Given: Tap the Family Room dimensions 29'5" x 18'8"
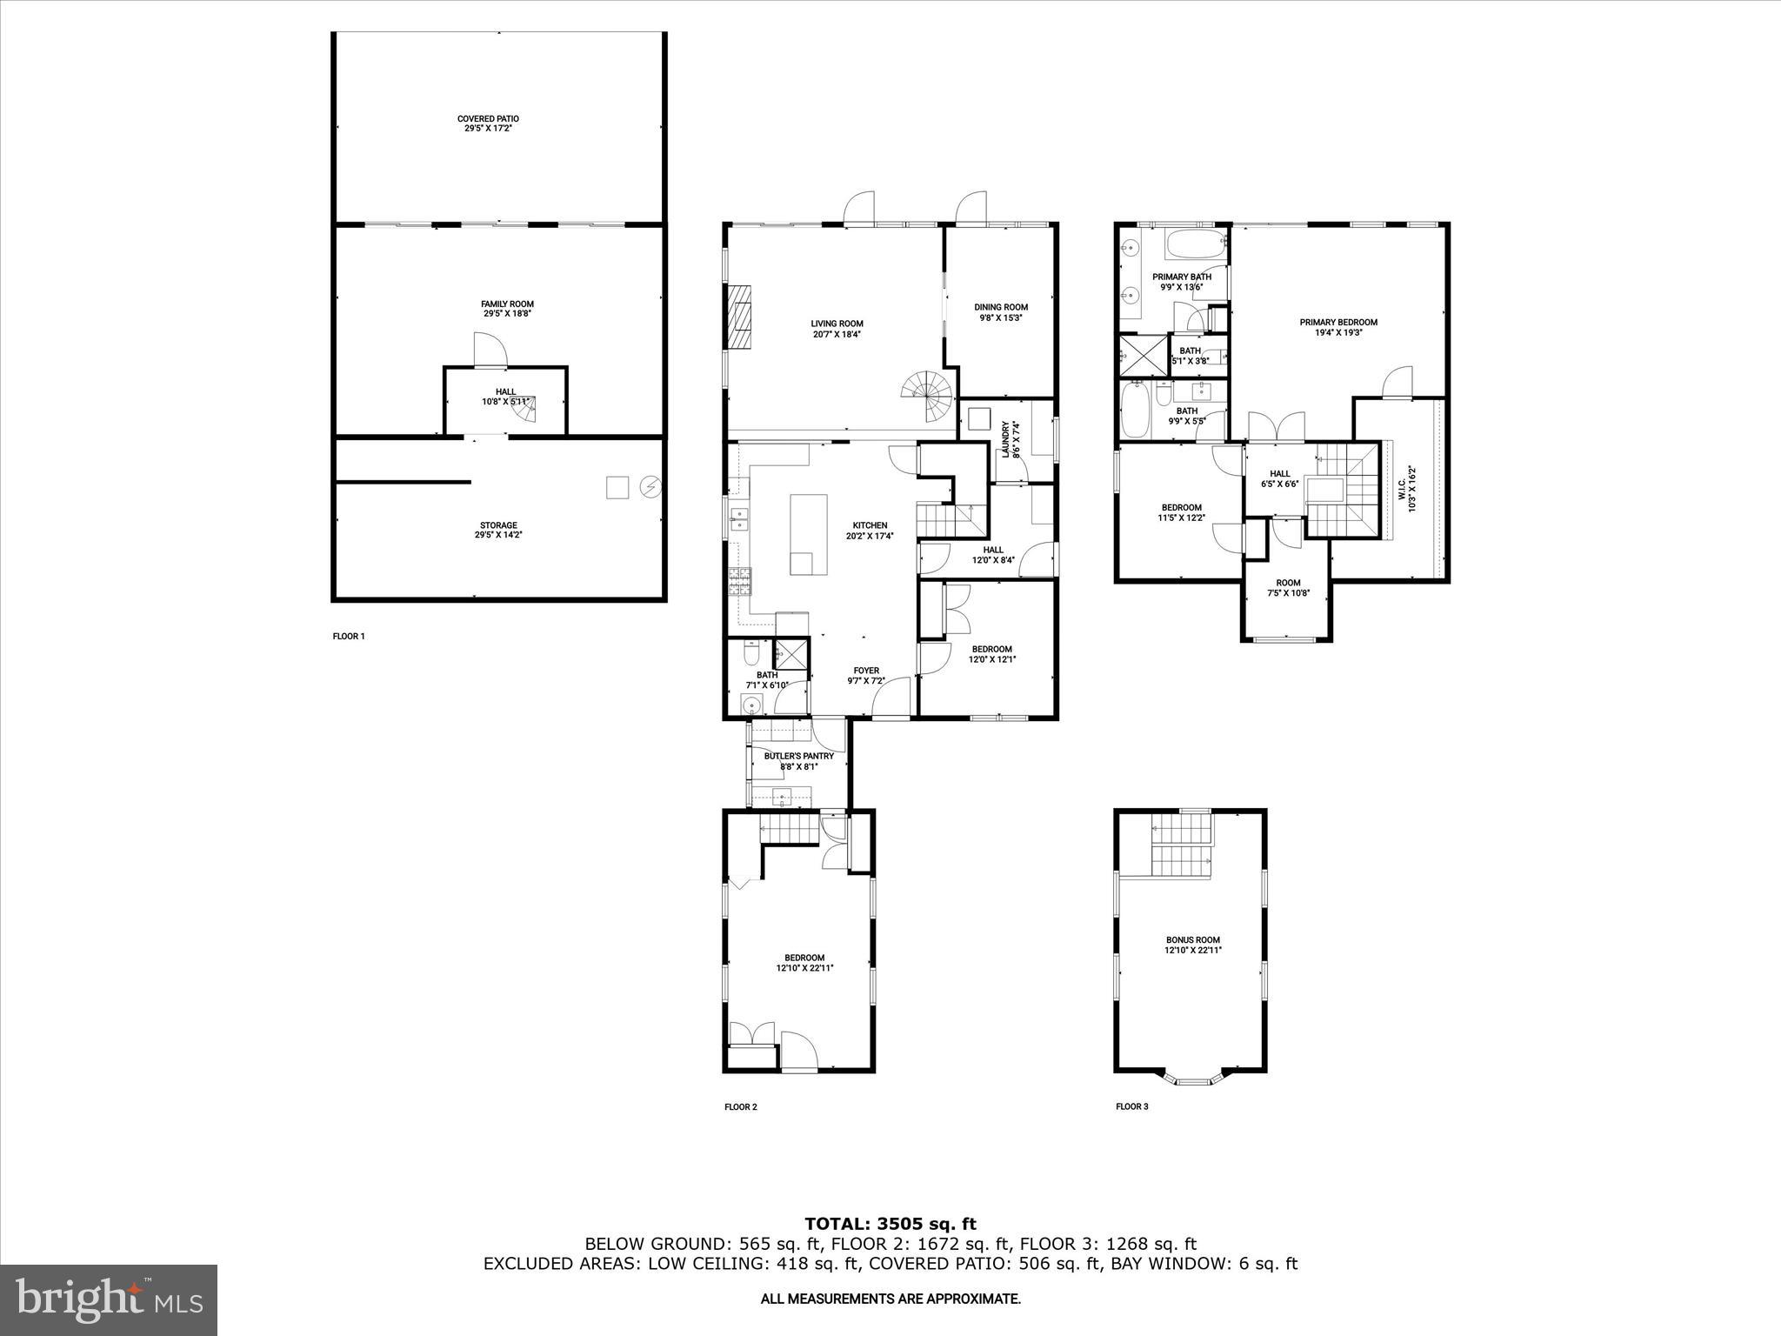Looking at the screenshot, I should (507, 314).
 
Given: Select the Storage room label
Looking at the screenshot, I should (498, 525).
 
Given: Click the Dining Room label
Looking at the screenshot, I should (1001, 307).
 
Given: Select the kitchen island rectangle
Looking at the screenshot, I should (807, 534).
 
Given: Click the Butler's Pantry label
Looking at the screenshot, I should (798, 757).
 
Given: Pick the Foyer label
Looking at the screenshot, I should (866, 671).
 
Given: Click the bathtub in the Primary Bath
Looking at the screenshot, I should (1195, 244).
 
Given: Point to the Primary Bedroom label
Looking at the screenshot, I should (1338, 323).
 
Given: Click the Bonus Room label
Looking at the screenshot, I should (1192, 940).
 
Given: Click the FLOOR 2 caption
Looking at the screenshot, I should (741, 1107).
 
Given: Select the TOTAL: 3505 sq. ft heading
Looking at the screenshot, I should (890, 1225).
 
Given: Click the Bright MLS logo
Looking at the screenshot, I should (109, 1301).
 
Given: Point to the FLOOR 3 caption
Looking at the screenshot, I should (1131, 1107).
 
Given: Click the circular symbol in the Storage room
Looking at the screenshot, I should (650, 487).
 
